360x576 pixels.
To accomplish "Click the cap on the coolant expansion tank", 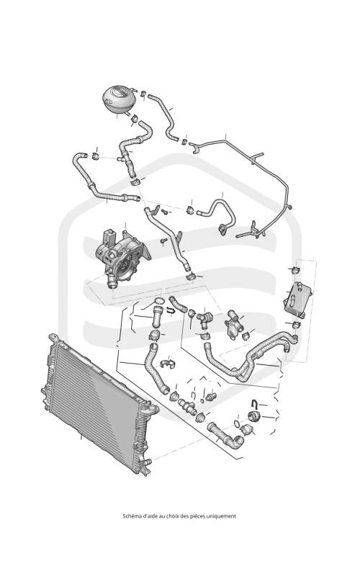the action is (x=120, y=91).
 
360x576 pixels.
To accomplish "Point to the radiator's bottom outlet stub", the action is (x=146, y=462).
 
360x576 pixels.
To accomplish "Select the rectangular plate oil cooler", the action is (x=297, y=297).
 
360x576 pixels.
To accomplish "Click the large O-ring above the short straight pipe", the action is (x=158, y=302).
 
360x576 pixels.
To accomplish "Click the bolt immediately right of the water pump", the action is (x=163, y=240).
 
